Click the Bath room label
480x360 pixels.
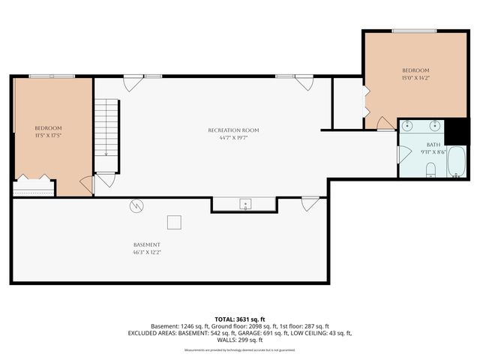click(x=433, y=144)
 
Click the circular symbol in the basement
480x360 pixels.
click(x=137, y=205)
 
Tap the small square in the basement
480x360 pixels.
click(x=174, y=221)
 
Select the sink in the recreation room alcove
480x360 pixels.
click(x=244, y=204)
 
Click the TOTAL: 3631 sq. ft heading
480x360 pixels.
click(x=239, y=319)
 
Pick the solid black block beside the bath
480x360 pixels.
click(x=455, y=131)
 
